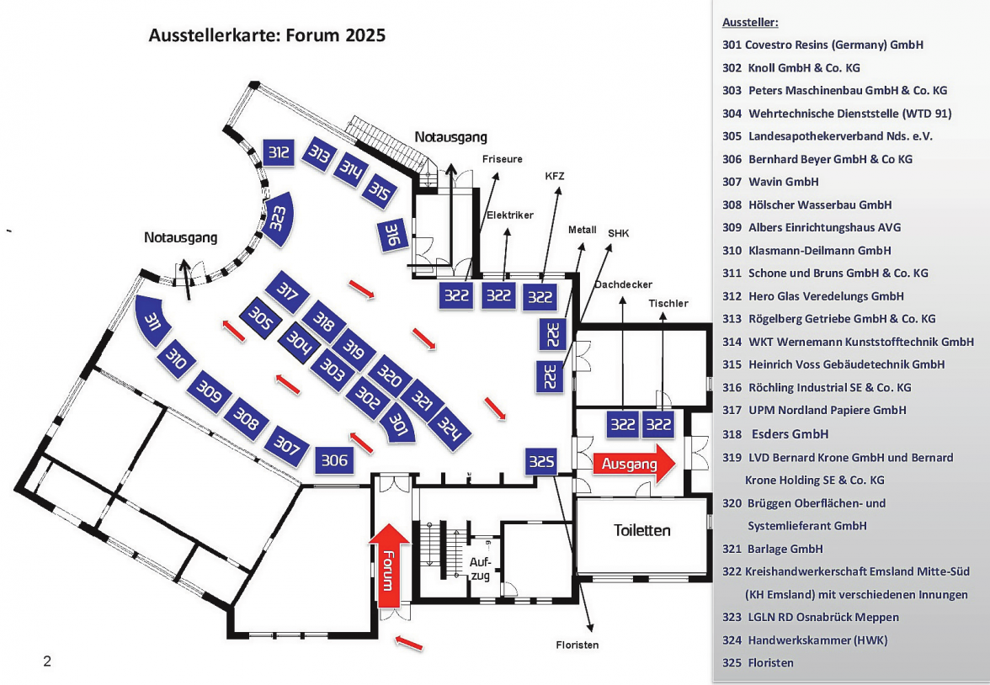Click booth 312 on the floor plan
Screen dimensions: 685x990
pos(279,152)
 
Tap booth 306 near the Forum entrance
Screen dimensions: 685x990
pos(334,460)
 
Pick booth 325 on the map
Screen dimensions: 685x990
pos(541,461)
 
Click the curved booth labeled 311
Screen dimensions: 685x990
pos(152,321)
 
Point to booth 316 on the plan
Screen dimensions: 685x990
pos(391,235)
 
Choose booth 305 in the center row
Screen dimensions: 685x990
pos(260,320)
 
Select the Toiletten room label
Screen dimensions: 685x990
pos(642,531)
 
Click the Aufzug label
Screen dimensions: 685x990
pos(481,568)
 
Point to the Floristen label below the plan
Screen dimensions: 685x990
pos(577,645)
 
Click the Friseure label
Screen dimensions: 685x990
pos(503,158)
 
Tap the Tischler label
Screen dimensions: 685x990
pos(668,303)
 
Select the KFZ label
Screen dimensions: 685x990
pos(555,176)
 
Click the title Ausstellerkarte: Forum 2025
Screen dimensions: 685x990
pos(267,36)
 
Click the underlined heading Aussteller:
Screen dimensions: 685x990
pos(750,23)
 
